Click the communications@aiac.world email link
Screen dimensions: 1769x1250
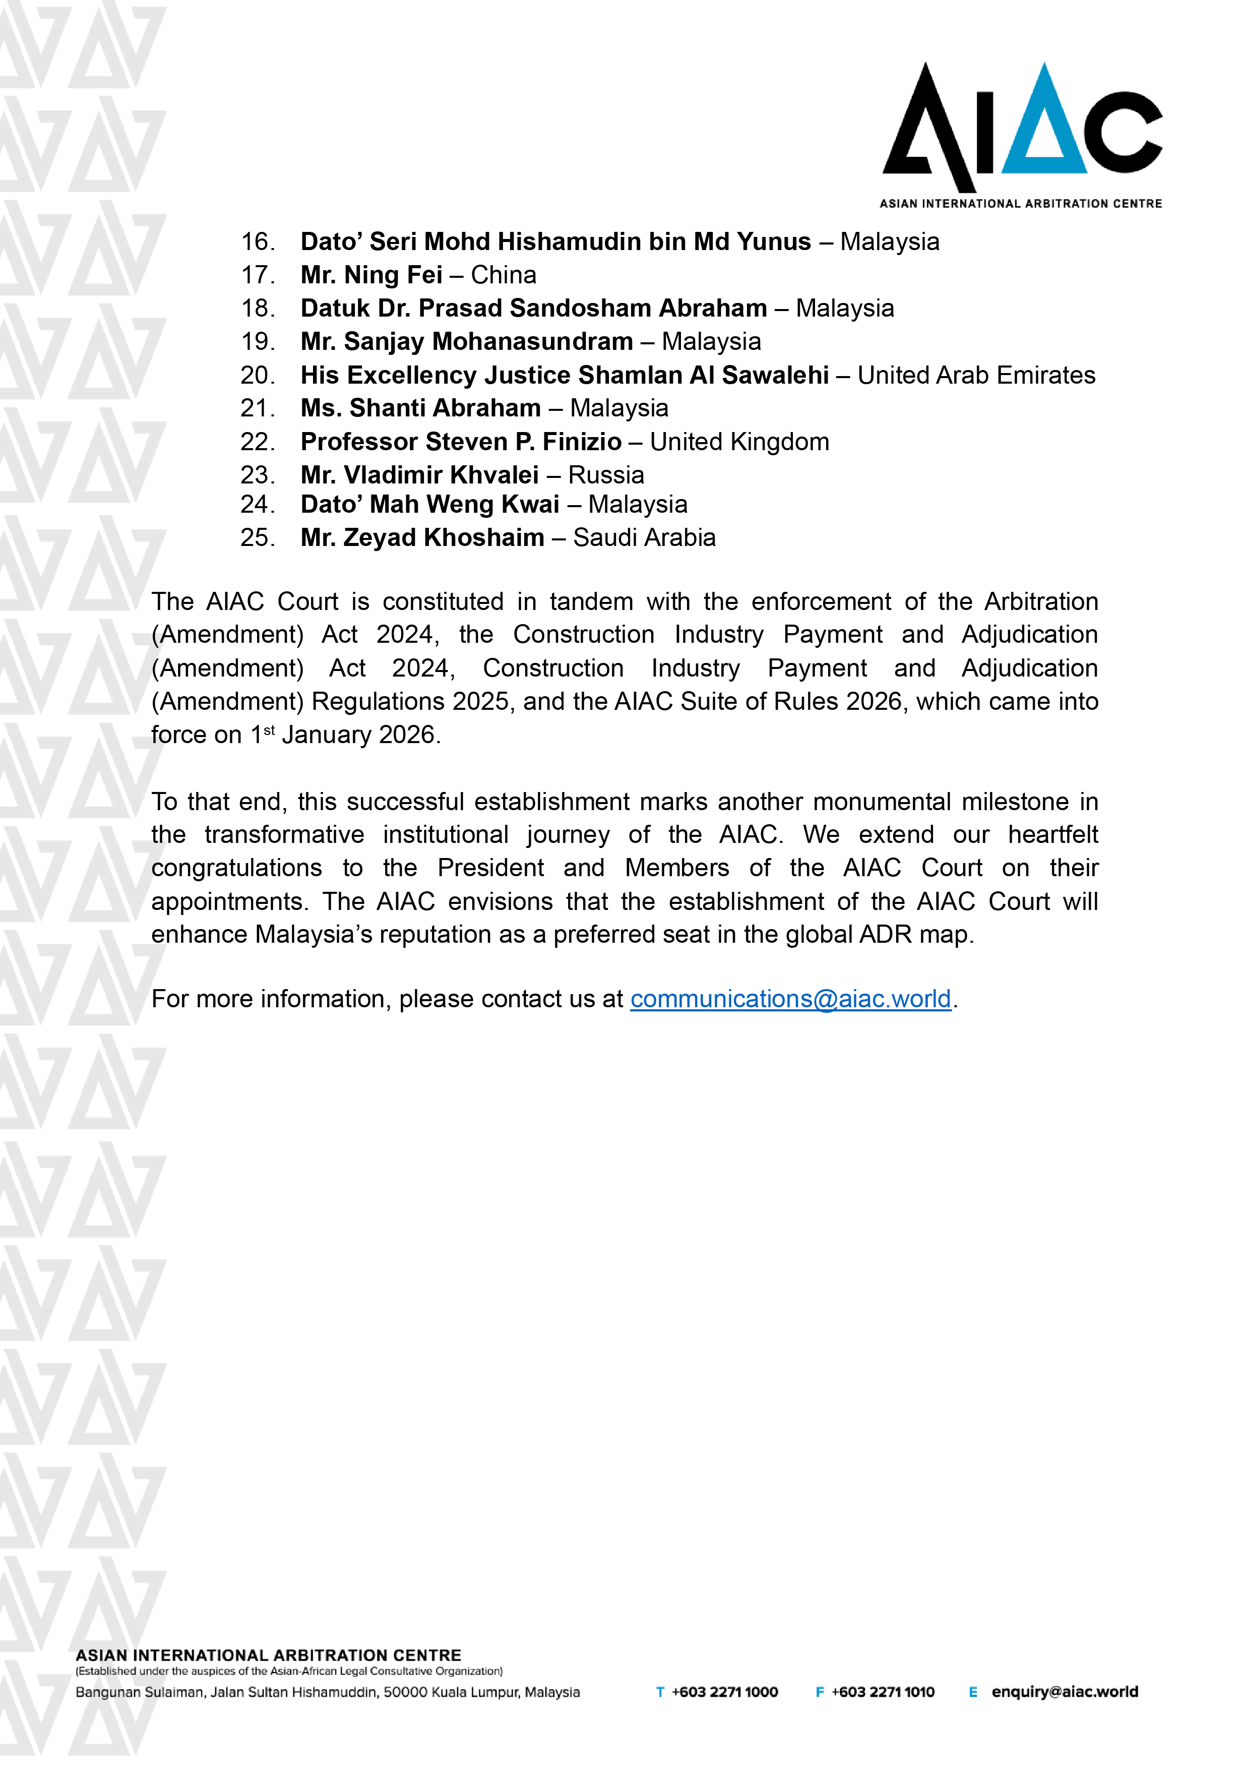(790, 999)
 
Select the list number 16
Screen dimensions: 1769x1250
(257, 242)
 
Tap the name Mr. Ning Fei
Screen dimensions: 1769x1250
(371, 275)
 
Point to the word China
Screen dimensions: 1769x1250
(504, 275)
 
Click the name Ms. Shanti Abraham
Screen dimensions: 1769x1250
(420, 408)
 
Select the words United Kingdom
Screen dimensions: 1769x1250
(739, 442)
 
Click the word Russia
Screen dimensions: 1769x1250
(606, 475)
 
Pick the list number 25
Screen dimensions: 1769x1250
(257, 538)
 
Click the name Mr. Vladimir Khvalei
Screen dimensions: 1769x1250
(420, 475)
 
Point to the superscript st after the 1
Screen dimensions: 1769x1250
(269, 729)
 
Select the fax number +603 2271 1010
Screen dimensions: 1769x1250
(883, 1692)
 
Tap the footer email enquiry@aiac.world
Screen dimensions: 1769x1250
(1065, 1692)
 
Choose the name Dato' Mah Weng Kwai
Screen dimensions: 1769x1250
(430, 505)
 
